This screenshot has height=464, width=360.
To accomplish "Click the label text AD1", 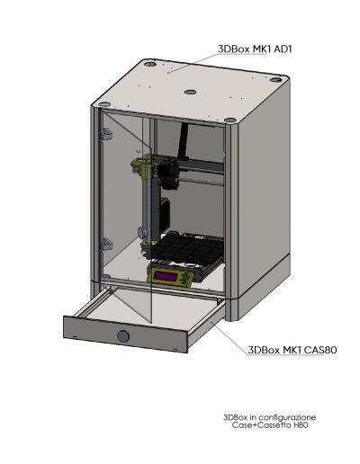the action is coord(283,49).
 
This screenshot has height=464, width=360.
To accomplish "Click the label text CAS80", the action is coord(320,350).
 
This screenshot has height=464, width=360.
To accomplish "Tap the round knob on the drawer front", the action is coord(123,336).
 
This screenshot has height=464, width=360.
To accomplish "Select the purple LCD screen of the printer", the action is coord(166,275).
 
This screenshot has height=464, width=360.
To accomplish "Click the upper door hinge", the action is coord(106,135).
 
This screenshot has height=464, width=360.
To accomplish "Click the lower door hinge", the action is coord(107,244).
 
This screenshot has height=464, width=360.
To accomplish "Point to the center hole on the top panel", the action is coord(190,92).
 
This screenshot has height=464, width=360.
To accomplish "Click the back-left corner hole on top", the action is coord(150,64).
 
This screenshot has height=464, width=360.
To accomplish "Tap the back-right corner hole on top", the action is coord(275,80).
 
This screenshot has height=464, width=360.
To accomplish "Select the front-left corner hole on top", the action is coord(104,104).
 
